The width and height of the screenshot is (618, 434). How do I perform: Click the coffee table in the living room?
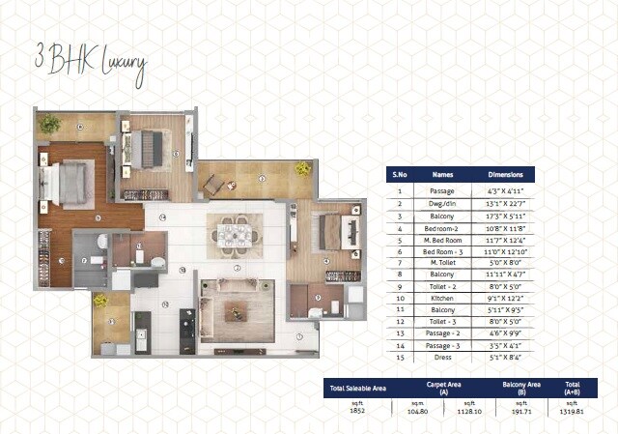coord(233,311)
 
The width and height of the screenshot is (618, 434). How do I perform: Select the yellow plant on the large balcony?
coord(302,168)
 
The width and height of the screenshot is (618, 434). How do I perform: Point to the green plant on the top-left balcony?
coord(50,124)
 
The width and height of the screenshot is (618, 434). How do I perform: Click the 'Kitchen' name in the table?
coord(442,298)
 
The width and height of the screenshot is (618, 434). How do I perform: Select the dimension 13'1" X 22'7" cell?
coord(505,203)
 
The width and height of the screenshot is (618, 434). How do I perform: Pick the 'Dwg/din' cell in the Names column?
coord(442,203)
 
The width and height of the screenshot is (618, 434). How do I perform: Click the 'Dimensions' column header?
coord(505,175)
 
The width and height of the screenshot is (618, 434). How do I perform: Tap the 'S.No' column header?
coord(399,175)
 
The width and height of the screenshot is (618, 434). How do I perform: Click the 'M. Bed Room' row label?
coord(442,239)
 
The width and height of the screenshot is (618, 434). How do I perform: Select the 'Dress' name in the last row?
coord(442,358)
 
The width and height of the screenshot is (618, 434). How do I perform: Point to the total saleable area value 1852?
coord(357,409)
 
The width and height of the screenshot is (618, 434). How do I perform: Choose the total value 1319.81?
coord(572,409)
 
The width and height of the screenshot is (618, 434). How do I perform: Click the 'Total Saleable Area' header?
coord(357,388)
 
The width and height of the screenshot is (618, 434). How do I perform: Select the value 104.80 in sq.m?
coord(417,409)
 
